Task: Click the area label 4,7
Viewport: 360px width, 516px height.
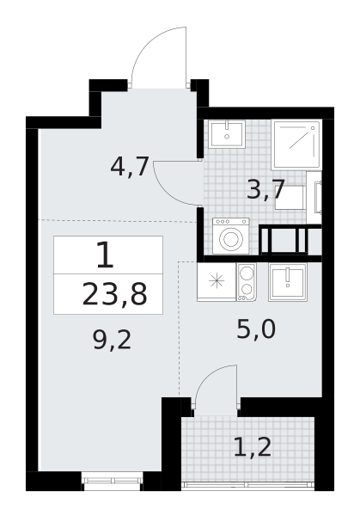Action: coord(130,167)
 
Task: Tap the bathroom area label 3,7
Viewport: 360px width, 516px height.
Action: coord(265,189)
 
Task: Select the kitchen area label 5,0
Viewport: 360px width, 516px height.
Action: coord(256,329)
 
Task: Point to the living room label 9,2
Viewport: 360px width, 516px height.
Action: coord(112,340)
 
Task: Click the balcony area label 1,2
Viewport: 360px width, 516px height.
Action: coord(253,446)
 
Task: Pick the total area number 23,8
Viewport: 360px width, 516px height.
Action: coord(114,294)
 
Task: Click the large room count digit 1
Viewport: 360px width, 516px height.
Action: coord(106,255)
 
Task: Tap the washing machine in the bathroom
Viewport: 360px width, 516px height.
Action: coord(231,236)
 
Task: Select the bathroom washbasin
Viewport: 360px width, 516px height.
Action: coord(227,134)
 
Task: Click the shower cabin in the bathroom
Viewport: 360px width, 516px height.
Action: coord(296,144)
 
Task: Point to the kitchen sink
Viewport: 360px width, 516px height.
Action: coord(288,282)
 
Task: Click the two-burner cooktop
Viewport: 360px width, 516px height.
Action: coord(247,282)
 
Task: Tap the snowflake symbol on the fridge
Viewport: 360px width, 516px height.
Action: coord(217,281)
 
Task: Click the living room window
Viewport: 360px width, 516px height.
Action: coord(112,481)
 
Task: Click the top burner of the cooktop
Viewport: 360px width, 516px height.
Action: coord(247,273)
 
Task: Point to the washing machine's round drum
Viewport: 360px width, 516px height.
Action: coord(231,238)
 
